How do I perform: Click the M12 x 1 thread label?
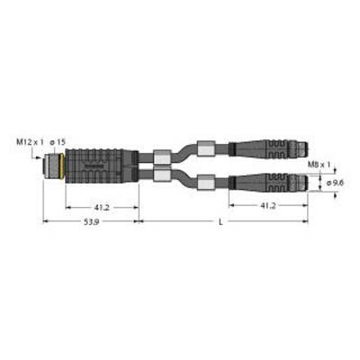pos(30,143)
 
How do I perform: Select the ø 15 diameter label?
pos(58,143)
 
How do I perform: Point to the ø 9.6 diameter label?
pos(335,183)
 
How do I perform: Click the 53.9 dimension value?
pos(92,222)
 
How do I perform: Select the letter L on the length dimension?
pos(220,222)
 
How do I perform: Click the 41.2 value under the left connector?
pos(102,207)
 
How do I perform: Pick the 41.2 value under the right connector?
pos(268,206)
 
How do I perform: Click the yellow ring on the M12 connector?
pos(62,166)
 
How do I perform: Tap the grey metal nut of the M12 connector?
pos(51,166)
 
